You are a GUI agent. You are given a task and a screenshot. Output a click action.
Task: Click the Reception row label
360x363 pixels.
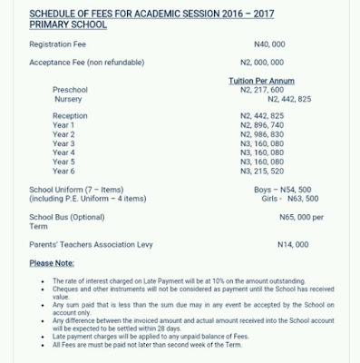click(x=71, y=116)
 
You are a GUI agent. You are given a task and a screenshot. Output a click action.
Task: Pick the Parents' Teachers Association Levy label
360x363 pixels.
click(x=92, y=245)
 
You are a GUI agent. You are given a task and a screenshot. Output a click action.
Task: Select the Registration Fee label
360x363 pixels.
click(x=59, y=44)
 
